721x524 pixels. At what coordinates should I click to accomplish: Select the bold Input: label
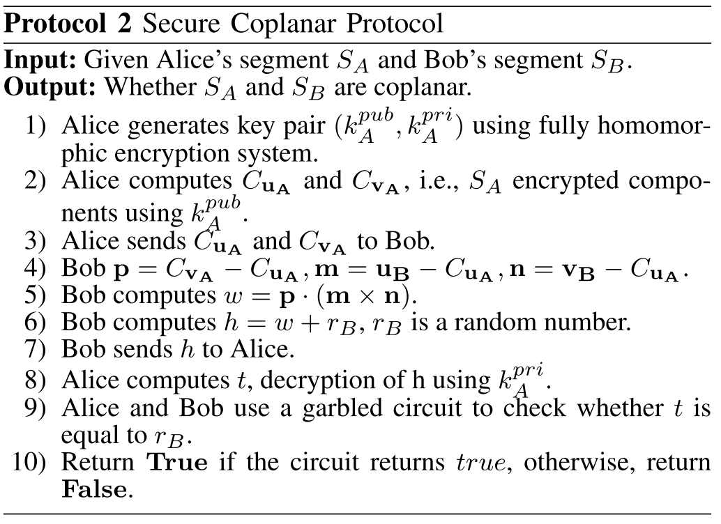40,61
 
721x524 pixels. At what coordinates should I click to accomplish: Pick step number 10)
32,461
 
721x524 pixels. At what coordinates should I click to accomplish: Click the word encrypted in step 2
566,180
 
